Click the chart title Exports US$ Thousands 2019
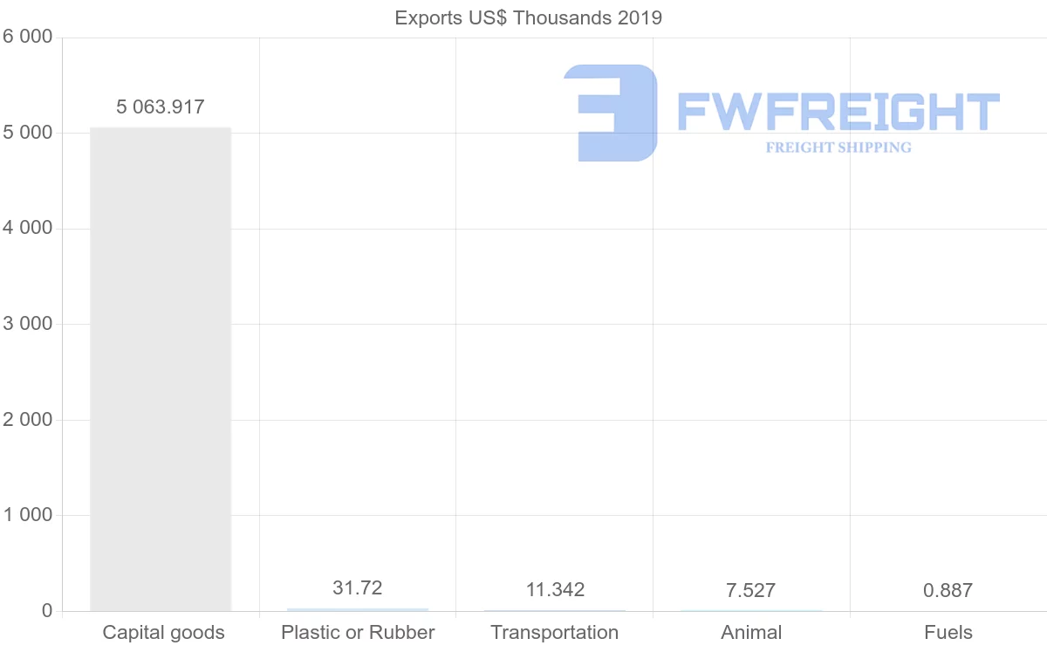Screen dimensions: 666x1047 click(528, 17)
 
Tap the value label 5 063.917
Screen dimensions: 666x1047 click(161, 107)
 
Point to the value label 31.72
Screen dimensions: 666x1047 click(358, 588)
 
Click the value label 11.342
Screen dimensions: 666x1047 click(555, 590)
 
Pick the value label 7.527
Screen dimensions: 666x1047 click(750, 590)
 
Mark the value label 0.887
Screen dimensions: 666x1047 click(948, 590)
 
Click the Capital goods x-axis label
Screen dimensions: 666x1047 click(163, 632)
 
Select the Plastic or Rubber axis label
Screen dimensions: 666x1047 click(358, 632)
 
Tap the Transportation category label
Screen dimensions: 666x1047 click(555, 632)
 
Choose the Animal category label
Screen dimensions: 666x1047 click(751, 632)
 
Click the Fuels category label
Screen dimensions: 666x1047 click(948, 632)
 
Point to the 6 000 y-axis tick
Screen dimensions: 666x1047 click(28, 38)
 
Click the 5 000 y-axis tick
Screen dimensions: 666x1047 click(28, 133)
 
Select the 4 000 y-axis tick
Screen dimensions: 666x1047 click(28, 229)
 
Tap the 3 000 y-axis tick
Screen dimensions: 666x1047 click(28, 324)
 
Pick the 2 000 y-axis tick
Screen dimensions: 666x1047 click(28, 420)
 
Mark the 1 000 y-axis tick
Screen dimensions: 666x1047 click(28, 515)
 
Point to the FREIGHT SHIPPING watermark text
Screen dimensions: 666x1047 click(838, 148)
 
